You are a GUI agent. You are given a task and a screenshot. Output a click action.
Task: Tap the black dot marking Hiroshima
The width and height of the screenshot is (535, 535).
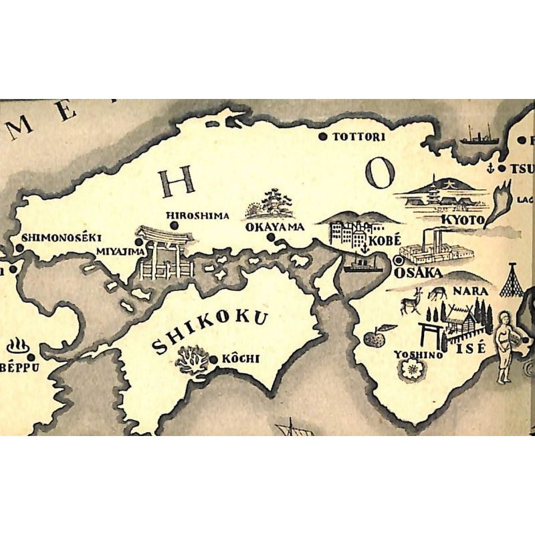pos(174,226)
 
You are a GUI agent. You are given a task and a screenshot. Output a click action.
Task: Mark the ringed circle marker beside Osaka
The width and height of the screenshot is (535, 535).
pos(400,260)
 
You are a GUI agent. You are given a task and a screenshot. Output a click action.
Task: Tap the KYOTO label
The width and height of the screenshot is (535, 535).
pos(462,220)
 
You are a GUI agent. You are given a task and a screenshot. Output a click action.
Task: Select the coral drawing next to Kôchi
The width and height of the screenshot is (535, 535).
pos(191,360)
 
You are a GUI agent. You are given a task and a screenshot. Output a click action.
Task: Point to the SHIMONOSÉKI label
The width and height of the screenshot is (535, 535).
pos(61,237)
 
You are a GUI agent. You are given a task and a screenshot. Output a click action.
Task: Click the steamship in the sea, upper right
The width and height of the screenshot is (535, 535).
pos(479,137)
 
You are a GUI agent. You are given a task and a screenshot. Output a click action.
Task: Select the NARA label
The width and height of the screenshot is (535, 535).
pos(466,292)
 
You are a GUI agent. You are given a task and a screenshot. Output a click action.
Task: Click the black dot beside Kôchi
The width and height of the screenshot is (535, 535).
pos(213,360)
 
